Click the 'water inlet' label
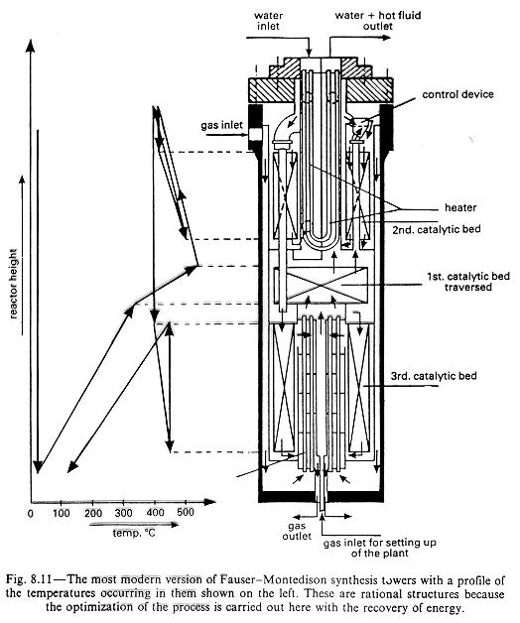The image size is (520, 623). [268, 21]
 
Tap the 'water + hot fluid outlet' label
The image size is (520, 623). [378, 21]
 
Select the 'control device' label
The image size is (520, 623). [457, 94]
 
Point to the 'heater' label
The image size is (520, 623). [460, 207]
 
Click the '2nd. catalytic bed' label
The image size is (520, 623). [437, 229]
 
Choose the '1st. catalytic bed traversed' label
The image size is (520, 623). [468, 282]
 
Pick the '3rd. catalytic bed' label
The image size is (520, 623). [434, 376]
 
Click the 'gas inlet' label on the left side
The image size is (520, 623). [221, 126]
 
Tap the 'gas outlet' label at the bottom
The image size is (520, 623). [297, 531]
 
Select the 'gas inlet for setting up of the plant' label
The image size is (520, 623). [380, 548]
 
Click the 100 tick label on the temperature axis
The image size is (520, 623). [62, 513]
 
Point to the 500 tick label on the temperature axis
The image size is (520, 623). [186, 512]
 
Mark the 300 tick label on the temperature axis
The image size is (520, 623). [124, 513]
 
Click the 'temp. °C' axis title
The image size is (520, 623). [134, 533]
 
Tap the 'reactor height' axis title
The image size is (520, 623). [14, 284]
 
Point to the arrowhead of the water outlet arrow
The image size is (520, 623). [386, 38]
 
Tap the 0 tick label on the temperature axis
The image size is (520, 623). [31, 513]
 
